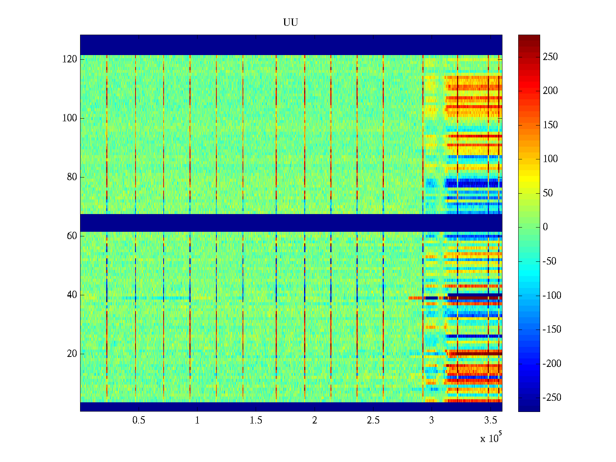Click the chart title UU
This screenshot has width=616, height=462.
[x=291, y=23]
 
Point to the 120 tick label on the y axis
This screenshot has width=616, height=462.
[x=70, y=59]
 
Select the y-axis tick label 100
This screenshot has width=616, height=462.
[x=70, y=118]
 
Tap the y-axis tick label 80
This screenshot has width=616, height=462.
[x=72, y=177]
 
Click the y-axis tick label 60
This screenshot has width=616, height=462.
[x=72, y=236]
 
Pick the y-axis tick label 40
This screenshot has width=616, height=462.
[x=72, y=295]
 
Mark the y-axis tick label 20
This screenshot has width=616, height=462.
[x=72, y=354]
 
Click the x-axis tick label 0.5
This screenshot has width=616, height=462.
[x=139, y=420]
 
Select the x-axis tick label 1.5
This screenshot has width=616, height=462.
[x=256, y=420]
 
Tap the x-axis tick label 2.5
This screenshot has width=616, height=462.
[x=373, y=420]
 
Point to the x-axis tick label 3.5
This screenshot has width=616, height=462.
[x=490, y=420]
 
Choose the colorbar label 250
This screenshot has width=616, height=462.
[x=550, y=57]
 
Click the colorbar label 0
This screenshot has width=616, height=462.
[x=545, y=227]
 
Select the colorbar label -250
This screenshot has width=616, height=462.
[x=552, y=398]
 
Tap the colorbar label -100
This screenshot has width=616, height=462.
[x=552, y=296]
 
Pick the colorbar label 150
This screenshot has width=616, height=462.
[x=550, y=125]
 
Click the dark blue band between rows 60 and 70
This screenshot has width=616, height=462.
[x=291, y=223]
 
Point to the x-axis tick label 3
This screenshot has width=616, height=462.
[x=432, y=420]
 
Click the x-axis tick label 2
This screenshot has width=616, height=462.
[x=315, y=420]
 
